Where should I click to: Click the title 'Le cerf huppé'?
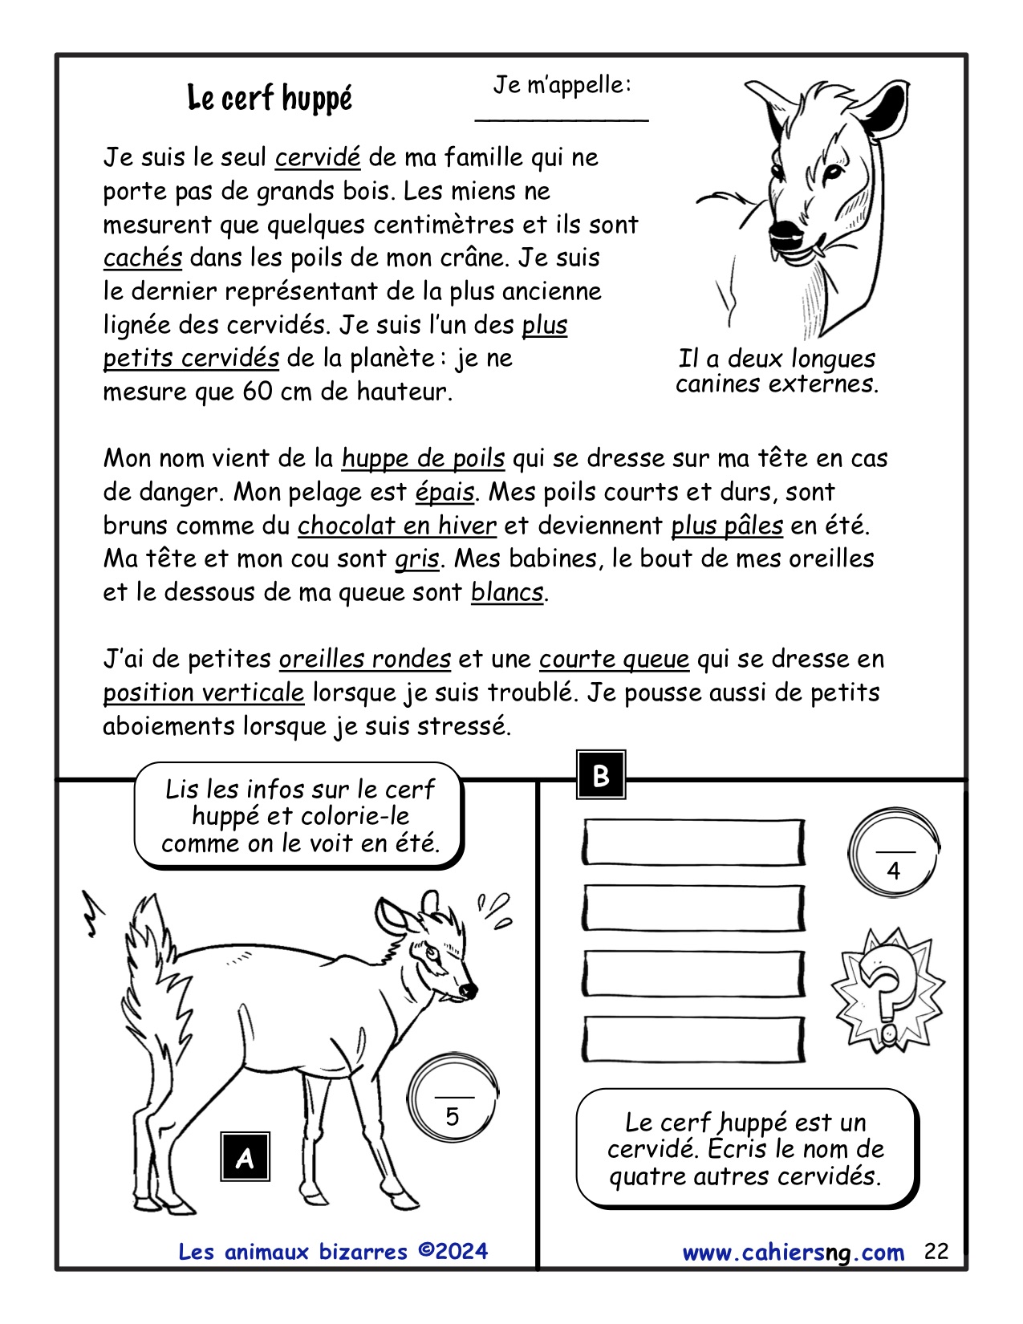pos(270,98)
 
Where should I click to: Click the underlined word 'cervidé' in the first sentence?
pos(318,157)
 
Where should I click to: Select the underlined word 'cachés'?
pos(143,258)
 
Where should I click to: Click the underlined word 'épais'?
pos(445,492)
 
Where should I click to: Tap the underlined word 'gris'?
pos(416,558)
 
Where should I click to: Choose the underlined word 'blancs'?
pos(507,592)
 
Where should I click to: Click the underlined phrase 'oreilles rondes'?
pos(365,660)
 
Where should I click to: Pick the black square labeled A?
pos(245,1156)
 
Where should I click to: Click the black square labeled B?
pos(601,775)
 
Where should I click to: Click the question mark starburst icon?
pos(887,989)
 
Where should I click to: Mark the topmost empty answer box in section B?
pos(693,843)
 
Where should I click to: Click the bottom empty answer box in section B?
pos(693,1040)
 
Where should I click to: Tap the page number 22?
pos(936,1252)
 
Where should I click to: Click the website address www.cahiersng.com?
pos(793,1253)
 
